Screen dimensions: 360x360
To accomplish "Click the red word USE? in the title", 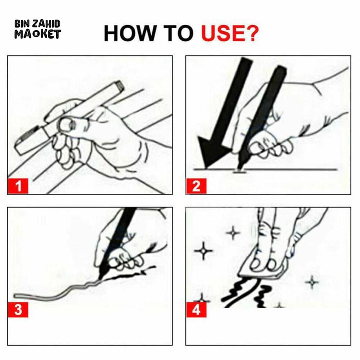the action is tap(230, 33).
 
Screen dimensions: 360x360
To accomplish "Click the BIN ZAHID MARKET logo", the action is tap(37, 29).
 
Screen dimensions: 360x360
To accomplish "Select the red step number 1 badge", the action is tap(18, 186).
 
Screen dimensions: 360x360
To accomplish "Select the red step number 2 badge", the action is tap(196, 186).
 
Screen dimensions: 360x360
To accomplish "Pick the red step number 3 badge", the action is tap(18, 310).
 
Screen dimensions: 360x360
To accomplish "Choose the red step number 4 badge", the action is tap(196, 310).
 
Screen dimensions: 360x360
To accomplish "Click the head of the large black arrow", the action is tap(212, 152).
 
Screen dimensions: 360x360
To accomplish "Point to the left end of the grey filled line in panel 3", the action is tap(15, 296).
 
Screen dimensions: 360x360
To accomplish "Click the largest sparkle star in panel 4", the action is tap(203, 251).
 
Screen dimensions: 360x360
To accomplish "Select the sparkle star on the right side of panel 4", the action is tap(312, 282).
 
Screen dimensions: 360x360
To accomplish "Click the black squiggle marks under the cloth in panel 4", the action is tap(248, 294).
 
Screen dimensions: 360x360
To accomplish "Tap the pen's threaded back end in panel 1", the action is tap(120, 86).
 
